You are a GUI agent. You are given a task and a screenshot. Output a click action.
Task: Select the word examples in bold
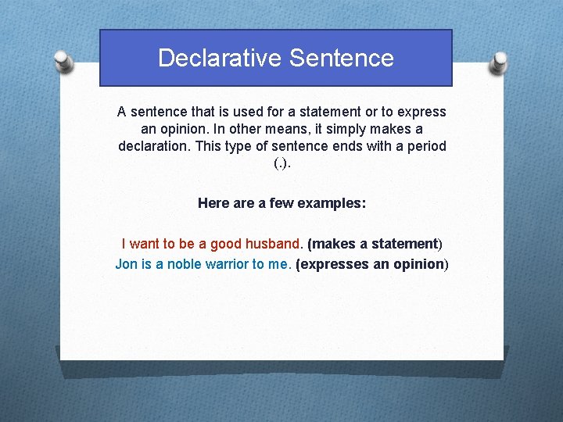coord(334,203)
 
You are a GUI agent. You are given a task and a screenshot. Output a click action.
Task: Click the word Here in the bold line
coord(213,203)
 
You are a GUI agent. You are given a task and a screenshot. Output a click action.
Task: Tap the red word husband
coord(274,244)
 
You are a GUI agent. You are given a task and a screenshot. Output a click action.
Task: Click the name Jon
coord(126,264)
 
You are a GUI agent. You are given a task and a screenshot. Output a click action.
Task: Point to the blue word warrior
coord(227,264)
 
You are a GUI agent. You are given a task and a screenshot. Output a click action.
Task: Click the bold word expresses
coord(335,264)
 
